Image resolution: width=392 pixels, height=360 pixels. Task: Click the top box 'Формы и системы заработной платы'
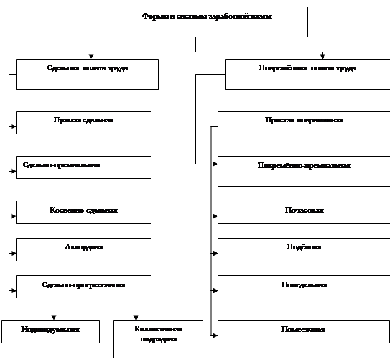pos(207,22)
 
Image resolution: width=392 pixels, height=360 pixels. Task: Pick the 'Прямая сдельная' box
pos(83,122)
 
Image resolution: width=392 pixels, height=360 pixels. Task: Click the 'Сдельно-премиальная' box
pos(83,167)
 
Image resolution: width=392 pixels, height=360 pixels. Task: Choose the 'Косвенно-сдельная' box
pos(83,212)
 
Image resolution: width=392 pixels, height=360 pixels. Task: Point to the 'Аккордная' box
pos(83,249)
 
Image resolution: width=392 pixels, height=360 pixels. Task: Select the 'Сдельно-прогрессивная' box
pos(83,287)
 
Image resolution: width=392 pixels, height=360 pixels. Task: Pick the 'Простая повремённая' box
pos(303,122)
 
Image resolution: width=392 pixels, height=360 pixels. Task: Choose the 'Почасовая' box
pos(303,212)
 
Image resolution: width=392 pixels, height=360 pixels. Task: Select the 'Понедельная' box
pos(303,287)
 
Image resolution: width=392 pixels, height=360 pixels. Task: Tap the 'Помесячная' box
pos(303,331)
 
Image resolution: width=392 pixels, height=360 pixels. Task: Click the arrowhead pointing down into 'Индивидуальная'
pos(54,317)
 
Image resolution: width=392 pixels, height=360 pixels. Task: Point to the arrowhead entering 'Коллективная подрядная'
pos(136,317)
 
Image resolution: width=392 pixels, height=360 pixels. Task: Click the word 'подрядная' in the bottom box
pos(158,339)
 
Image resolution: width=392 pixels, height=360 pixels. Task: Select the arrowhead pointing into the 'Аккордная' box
pos(13,253)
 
